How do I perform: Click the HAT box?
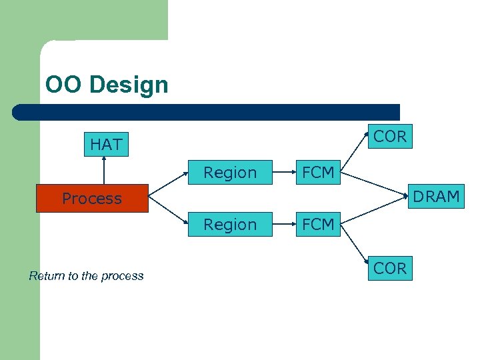click(x=106, y=144)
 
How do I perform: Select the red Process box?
click(x=92, y=199)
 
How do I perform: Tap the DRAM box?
click(x=436, y=197)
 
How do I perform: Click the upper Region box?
click(x=229, y=173)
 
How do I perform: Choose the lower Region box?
click(x=229, y=225)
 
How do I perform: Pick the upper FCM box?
click(x=318, y=173)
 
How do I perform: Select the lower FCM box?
click(x=318, y=225)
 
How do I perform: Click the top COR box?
click(x=390, y=137)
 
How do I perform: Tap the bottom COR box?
click(x=390, y=268)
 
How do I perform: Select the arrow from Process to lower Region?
click(x=167, y=212)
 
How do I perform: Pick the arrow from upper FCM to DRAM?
click(x=375, y=184)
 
